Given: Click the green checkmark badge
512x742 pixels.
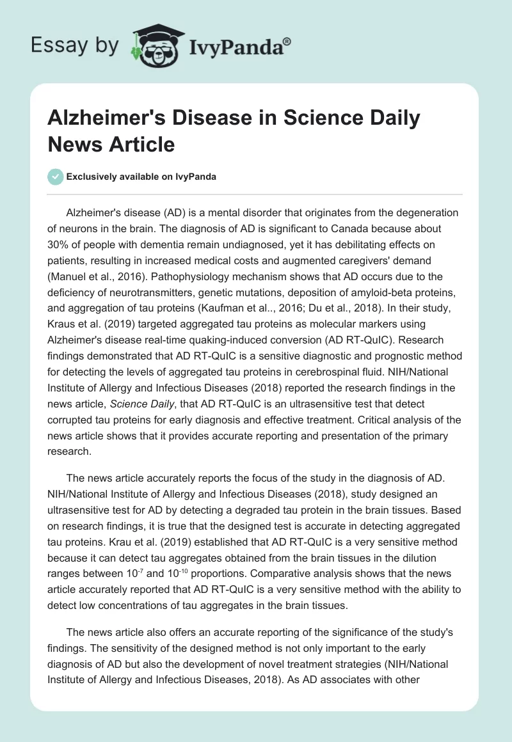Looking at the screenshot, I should (56, 177).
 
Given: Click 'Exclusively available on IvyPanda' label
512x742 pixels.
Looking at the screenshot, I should (141, 177).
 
